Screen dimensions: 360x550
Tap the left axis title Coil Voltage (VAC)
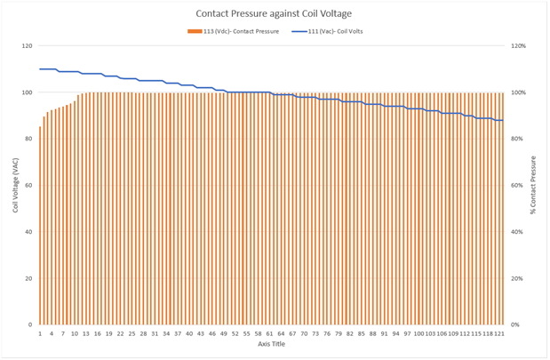coord(15,184)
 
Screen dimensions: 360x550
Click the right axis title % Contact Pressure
coord(533,184)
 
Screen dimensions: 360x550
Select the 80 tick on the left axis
coord(28,139)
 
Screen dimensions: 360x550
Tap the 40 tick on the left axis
coord(28,232)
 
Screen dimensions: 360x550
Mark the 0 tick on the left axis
coord(30,325)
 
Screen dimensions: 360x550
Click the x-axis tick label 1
coord(40,333)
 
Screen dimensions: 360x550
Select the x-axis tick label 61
coord(270,333)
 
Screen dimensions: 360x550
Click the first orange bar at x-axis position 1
coord(40,226)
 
